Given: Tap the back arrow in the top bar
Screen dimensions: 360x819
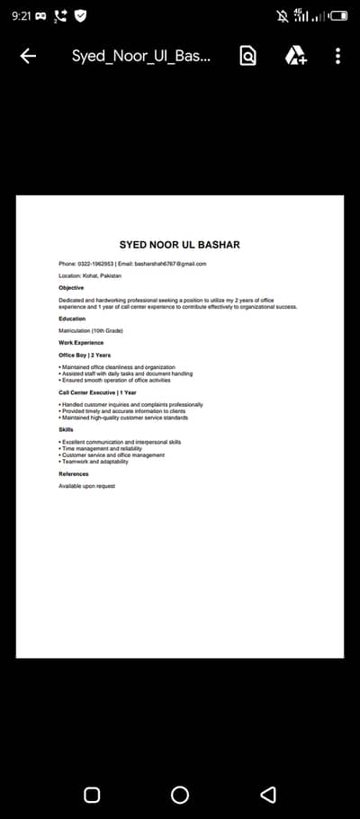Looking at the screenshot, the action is tap(28, 56).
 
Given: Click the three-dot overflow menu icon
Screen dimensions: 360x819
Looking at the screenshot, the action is tap(337, 56).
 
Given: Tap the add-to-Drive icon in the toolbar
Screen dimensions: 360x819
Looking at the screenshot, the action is tap(296, 56).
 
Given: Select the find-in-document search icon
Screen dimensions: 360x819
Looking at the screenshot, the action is tap(247, 56).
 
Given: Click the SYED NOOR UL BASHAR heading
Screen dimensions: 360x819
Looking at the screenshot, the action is tap(180, 245).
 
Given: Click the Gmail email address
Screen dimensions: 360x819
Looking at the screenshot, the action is tap(171, 264).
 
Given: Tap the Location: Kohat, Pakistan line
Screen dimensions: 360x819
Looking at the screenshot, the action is tap(90, 275).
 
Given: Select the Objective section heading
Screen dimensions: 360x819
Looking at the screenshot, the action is tap(71, 288).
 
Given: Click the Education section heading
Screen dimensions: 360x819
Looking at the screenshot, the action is tap(72, 319).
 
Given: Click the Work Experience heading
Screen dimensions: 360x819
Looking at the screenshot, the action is tap(81, 343).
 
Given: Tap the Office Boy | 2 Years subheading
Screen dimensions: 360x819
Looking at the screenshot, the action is tap(85, 355).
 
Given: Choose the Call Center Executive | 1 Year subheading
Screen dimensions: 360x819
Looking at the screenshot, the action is tap(97, 392).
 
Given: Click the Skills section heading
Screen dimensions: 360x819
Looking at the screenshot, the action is tap(67, 429).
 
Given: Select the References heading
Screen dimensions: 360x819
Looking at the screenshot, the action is tap(74, 473).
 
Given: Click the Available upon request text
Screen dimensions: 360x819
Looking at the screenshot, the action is tap(87, 486).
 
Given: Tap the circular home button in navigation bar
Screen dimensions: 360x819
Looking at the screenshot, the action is tap(180, 795).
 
